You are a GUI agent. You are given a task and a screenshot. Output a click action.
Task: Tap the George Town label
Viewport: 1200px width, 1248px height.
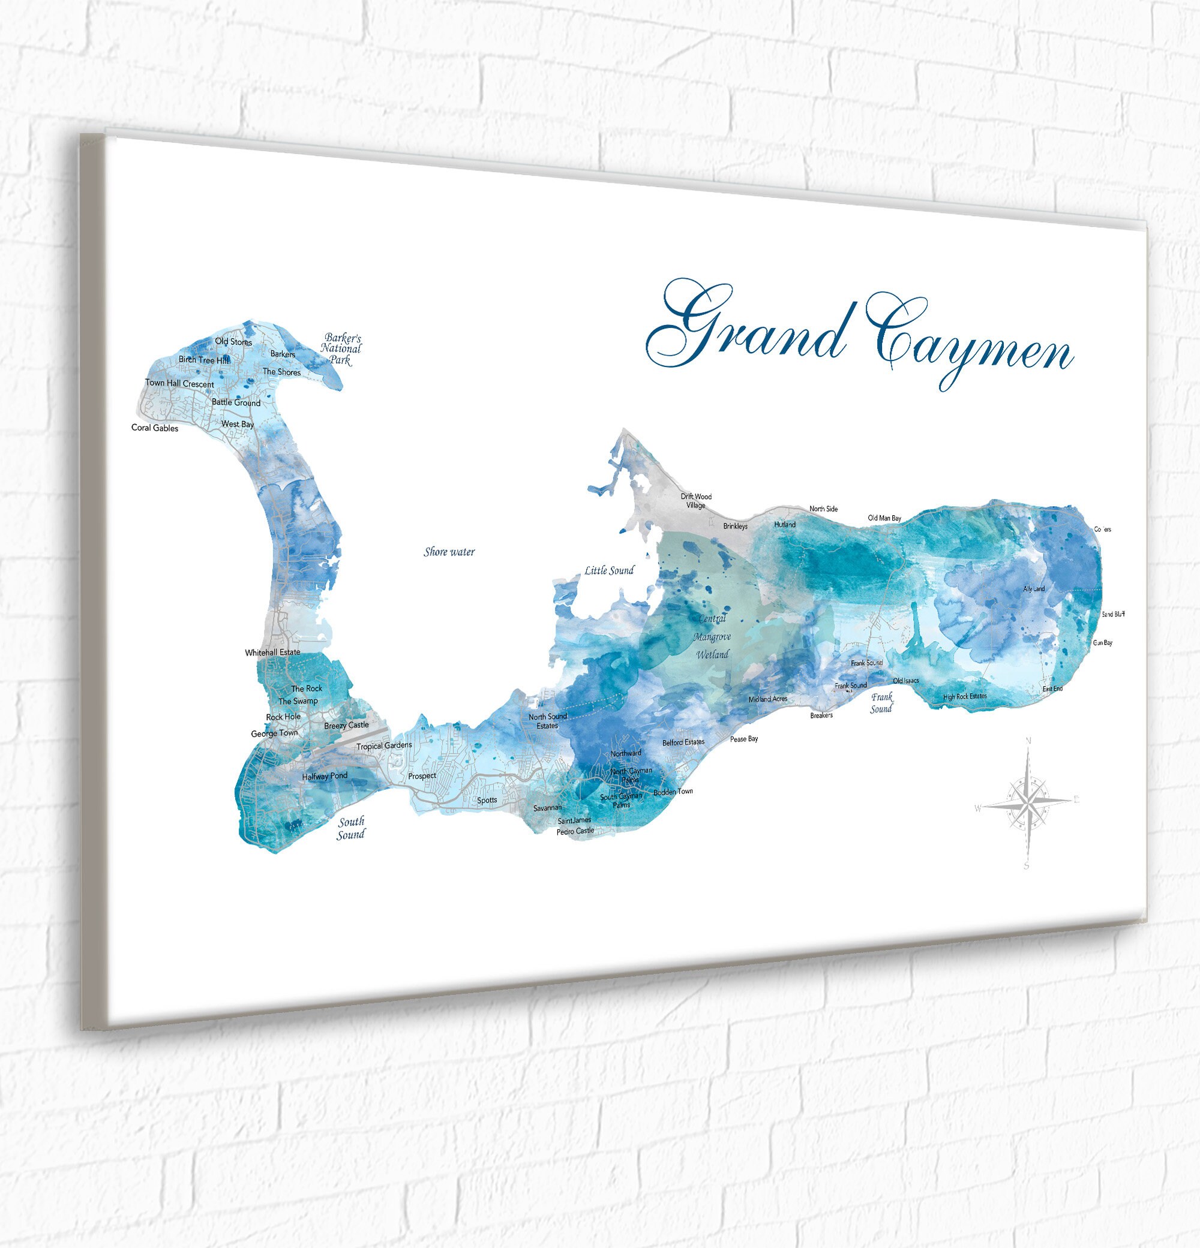[274, 733]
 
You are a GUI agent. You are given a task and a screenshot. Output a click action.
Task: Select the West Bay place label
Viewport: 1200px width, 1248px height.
[238, 424]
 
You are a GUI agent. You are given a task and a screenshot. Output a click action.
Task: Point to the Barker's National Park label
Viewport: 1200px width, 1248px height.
[341, 349]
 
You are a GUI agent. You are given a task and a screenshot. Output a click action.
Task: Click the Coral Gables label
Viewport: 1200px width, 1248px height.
[155, 428]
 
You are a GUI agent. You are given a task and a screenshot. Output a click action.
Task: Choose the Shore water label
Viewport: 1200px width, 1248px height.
[449, 552]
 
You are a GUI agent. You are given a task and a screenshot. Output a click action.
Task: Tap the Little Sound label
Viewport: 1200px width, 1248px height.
[609, 570]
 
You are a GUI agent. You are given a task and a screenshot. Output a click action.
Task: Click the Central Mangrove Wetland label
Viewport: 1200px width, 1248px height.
[712, 636]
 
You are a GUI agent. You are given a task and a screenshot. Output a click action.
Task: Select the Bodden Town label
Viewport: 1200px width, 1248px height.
[673, 792]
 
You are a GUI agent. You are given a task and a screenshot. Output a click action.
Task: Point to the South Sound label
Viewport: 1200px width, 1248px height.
[351, 828]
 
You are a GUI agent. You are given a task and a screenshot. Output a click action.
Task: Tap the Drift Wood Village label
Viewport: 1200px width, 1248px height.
[695, 501]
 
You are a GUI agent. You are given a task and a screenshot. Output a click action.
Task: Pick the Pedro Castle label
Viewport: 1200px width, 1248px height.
[575, 831]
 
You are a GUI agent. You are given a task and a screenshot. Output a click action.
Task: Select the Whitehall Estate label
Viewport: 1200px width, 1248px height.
[272, 652]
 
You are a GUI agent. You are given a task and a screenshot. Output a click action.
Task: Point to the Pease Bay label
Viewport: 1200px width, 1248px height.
[743, 739]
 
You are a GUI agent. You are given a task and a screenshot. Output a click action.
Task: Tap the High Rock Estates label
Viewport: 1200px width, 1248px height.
[964, 697]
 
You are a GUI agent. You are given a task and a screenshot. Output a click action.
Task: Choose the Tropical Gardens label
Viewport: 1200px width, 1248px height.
[384, 745]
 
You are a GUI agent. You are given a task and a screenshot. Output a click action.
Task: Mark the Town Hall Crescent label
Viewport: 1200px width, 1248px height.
[179, 383]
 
